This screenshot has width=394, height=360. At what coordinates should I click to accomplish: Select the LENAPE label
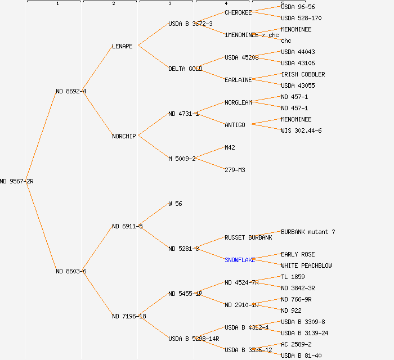pyautogui.click(x=122, y=46)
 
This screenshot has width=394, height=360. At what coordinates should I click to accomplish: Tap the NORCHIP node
pyautogui.click(x=124, y=136)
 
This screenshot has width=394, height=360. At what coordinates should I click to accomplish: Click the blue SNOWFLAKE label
pyautogui.click(x=240, y=260)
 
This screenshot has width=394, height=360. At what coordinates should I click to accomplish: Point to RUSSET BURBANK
pyautogui.click(x=248, y=237)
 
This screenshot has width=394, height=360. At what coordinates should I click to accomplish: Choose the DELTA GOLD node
pyautogui.click(x=185, y=69)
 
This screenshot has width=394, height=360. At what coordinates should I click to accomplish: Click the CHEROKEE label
pyautogui.click(x=238, y=12)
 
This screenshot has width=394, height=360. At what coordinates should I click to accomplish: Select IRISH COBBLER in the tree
pyautogui.click(x=303, y=74)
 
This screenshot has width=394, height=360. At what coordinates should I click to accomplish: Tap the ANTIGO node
pyautogui.click(x=235, y=125)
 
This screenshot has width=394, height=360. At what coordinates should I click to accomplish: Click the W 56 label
pyautogui.click(x=175, y=204)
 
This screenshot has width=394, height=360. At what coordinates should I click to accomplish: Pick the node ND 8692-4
pyautogui.click(x=71, y=91)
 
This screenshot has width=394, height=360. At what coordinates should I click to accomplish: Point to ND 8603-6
pyautogui.click(x=71, y=271)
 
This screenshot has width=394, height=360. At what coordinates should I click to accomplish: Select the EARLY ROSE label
pyautogui.click(x=298, y=254)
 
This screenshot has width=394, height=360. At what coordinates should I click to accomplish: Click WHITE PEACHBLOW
pyautogui.click(x=306, y=265)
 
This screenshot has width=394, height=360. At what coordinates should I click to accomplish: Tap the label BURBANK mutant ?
pyautogui.click(x=308, y=232)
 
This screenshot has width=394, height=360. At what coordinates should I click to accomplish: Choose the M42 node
pyautogui.click(x=230, y=147)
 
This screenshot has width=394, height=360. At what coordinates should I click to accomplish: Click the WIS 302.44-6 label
pyautogui.click(x=301, y=130)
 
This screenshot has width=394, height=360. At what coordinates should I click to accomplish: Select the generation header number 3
pyautogui.click(x=169, y=4)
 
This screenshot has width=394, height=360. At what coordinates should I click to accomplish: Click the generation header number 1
pyautogui.click(x=57, y=4)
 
